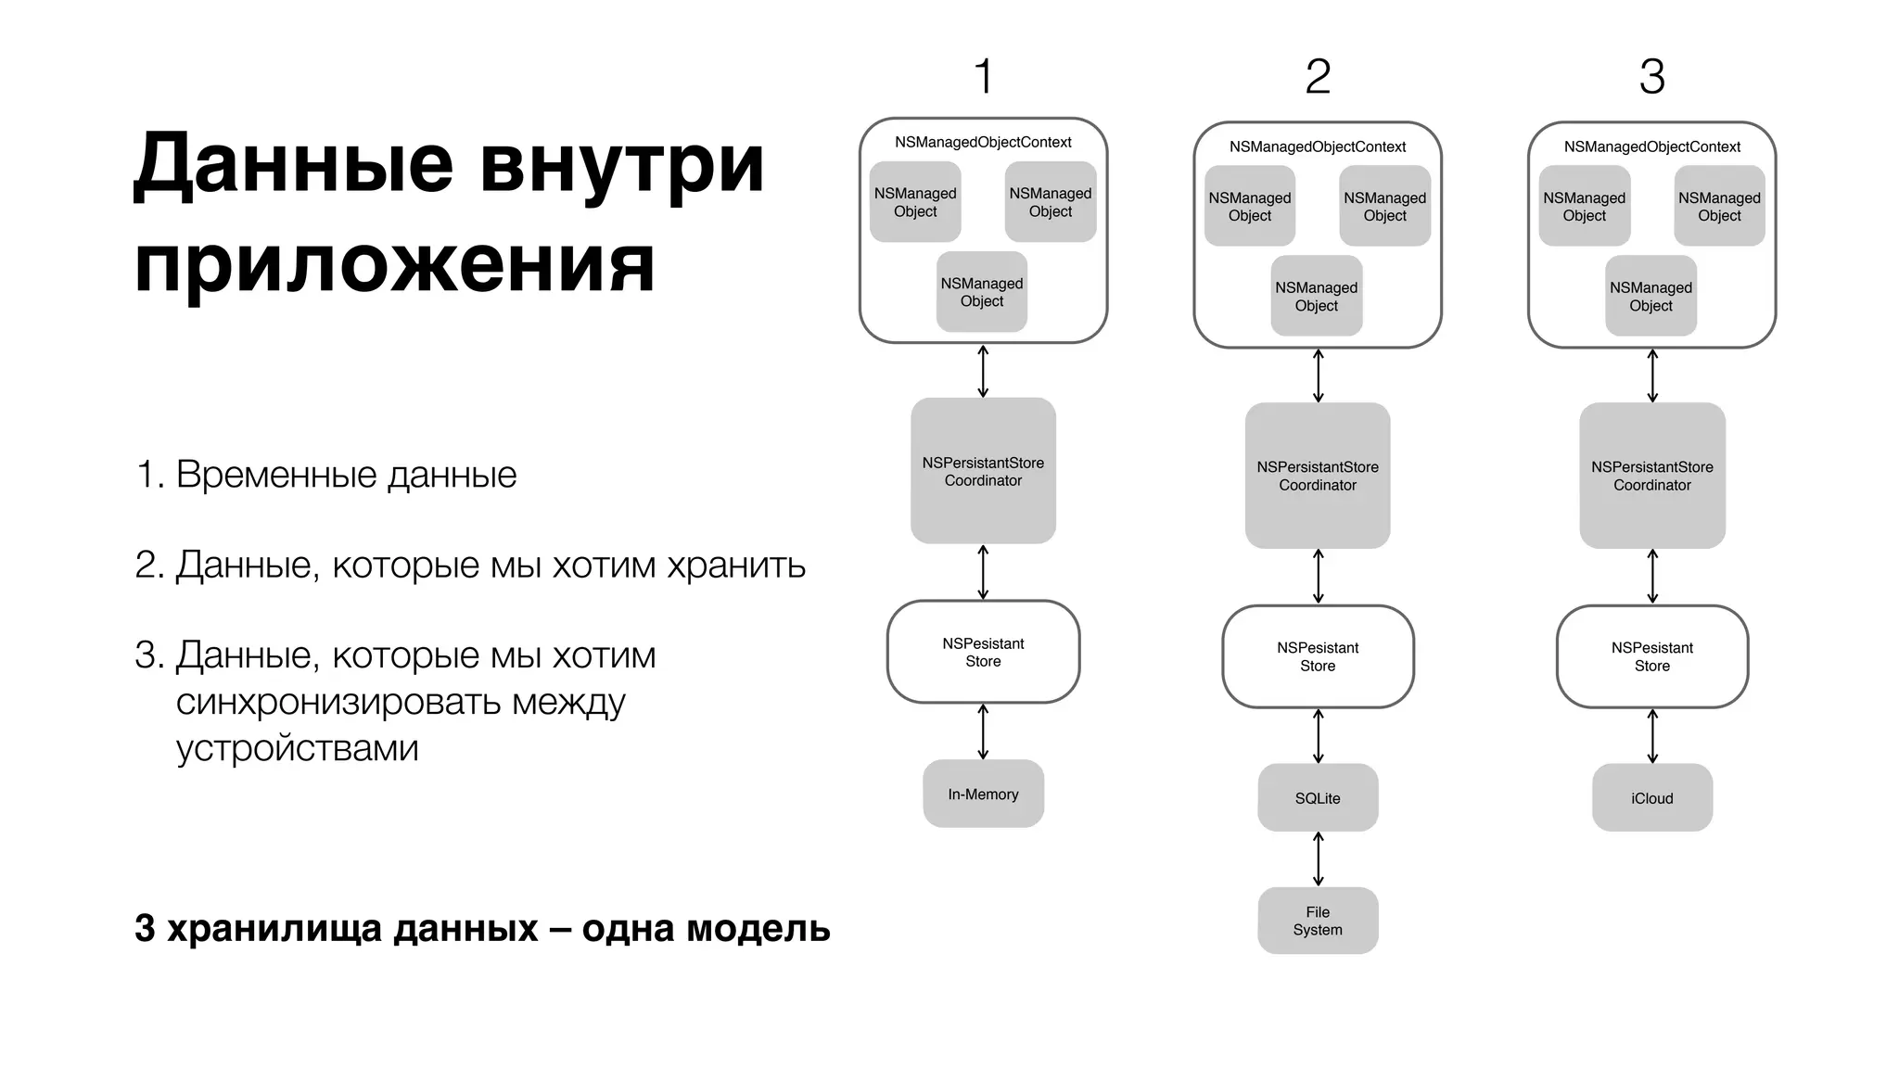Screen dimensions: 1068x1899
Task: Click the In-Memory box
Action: (983, 795)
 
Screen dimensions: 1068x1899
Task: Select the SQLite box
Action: (1318, 798)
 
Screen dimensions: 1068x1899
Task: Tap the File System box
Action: (1318, 921)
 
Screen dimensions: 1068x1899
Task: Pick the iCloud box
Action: (1651, 798)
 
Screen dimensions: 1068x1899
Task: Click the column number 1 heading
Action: (984, 76)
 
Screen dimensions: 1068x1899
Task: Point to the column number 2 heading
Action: (1318, 76)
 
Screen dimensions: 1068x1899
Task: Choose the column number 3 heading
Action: (1651, 76)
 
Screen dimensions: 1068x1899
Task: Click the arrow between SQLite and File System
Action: (1318, 858)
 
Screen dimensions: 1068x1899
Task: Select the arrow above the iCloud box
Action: (1652, 736)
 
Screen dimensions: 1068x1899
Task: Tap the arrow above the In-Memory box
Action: (983, 731)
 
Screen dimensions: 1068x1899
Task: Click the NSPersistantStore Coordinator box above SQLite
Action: (1318, 476)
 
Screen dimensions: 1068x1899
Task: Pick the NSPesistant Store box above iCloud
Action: (1651, 656)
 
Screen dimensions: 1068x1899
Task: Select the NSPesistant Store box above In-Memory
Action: (983, 652)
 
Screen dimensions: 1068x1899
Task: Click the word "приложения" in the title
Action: (394, 265)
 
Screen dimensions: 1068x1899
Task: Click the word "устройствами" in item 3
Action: (297, 747)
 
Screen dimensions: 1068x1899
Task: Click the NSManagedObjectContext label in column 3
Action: (1651, 146)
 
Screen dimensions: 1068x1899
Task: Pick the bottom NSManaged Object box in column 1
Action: (982, 292)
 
